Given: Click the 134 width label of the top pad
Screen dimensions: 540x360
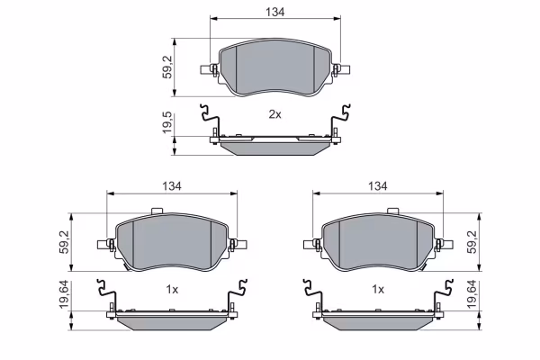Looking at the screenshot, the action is click(275, 12).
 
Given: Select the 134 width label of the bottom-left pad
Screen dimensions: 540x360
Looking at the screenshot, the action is click(172, 186).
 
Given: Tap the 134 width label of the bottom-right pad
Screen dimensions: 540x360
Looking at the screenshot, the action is click(378, 186).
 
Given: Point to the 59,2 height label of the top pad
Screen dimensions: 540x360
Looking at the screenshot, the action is click(167, 67).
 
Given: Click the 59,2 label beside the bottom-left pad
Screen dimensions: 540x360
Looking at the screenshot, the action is click(65, 242).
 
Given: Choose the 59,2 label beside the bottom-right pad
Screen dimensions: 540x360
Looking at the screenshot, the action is click(472, 242).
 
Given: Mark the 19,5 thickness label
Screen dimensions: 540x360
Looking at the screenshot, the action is click(167, 123).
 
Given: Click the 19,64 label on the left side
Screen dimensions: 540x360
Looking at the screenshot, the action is click(65, 294).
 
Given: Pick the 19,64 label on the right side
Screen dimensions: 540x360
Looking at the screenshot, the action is click(472, 294).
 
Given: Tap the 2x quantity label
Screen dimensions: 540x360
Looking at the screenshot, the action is click(274, 114).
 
